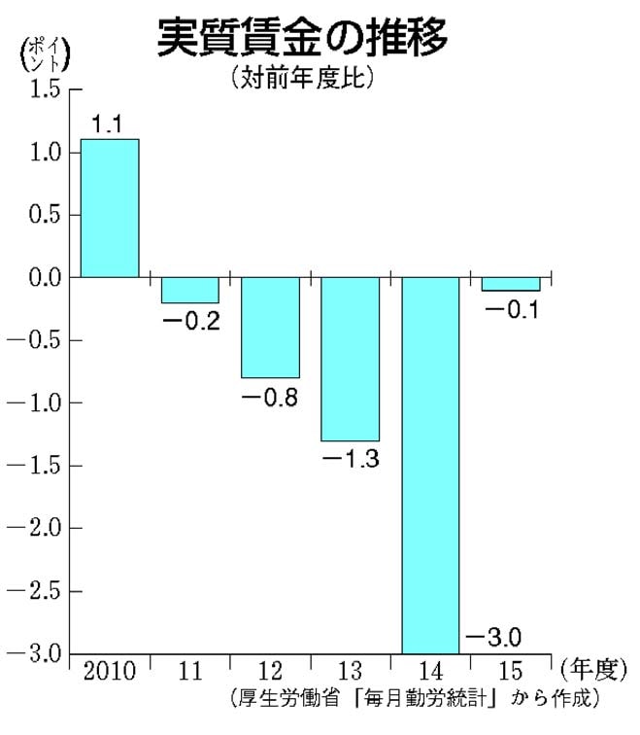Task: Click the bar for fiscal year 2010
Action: pyautogui.click(x=109, y=208)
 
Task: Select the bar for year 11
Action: pyautogui.click(x=189, y=290)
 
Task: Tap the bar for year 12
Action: pyautogui.click(x=270, y=327)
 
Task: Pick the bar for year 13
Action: pyautogui.click(x=350, y=359)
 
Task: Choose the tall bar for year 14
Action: pyautogui.click(x=430, y=465)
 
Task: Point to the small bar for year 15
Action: pyautogui.click(x=511, y=284)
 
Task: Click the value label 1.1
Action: pyautogui.click(x=109, y=124)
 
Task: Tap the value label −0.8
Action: pyautogui.click(x=270, y=397)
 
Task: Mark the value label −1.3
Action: pyautogui.click(x=351, y=460)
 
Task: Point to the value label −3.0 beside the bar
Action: pyautogui.click(x=493, y=638)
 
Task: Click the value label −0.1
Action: pyautogui.click(x=512, y=310)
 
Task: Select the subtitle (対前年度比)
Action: pyautogui.click(x=302, y=79)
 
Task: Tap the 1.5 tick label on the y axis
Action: pyautogui.click(x=39, y=89)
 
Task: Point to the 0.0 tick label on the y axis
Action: pyautogui.click(x=39, y=277)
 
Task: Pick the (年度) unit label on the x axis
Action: pyautogui.click(x=589, y=670)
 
